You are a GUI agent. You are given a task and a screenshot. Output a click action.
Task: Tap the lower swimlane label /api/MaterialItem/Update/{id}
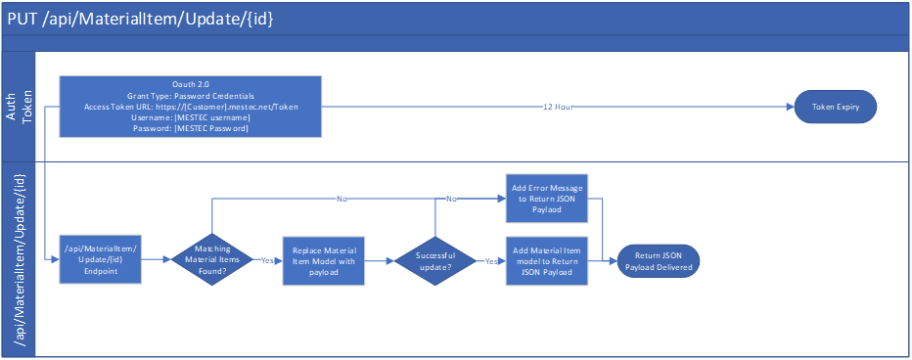click(19, 257)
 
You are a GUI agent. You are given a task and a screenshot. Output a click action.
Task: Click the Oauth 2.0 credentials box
click(191, 107)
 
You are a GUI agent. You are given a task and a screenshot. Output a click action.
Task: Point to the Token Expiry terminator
click(835, 107)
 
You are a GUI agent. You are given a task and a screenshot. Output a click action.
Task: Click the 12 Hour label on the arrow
click(559, 107)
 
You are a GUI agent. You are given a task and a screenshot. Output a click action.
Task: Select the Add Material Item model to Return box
click(547, 261)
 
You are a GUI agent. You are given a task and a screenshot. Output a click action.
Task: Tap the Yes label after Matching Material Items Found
click(267, 262)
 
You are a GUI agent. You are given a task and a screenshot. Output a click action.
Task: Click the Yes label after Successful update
click(490, 262)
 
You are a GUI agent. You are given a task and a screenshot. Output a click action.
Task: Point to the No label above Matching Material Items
click(342, 200)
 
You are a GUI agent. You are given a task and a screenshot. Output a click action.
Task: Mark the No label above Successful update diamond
click(451, 200)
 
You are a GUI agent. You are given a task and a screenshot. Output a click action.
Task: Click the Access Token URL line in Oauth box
click(191, 107)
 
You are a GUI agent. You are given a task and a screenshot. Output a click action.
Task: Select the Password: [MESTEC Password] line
click(191, 128)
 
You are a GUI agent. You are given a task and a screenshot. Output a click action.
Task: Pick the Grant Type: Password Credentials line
click(191, 96)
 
